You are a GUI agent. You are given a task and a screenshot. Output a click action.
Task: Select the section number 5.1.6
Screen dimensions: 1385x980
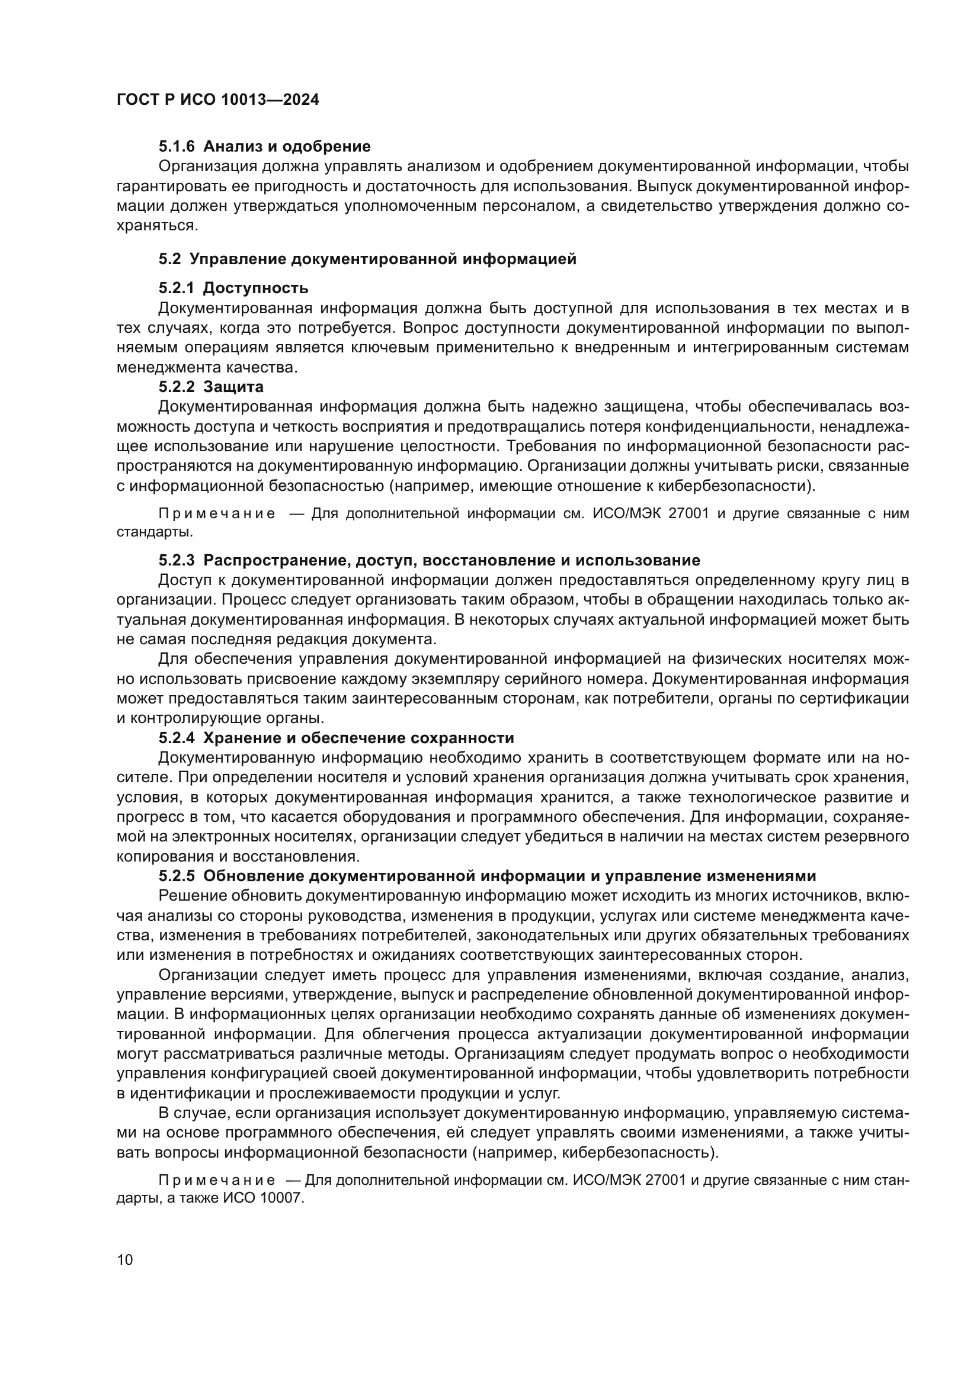click(177, 147)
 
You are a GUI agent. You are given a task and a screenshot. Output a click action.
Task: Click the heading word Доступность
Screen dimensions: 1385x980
click(256, 288)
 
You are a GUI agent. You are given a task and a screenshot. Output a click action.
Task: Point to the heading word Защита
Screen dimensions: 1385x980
click(233, 386)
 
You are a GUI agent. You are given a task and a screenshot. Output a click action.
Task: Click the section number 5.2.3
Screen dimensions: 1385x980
click(177, 560)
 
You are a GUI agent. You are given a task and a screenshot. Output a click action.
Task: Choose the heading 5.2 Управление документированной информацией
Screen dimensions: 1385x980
click(367, 259)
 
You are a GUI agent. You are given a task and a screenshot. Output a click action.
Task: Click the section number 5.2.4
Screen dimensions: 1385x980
click(177, 738)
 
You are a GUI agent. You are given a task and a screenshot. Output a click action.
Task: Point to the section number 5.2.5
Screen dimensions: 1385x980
click(177, 876)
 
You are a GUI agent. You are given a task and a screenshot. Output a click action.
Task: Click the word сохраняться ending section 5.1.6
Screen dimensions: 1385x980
click(156, 226)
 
